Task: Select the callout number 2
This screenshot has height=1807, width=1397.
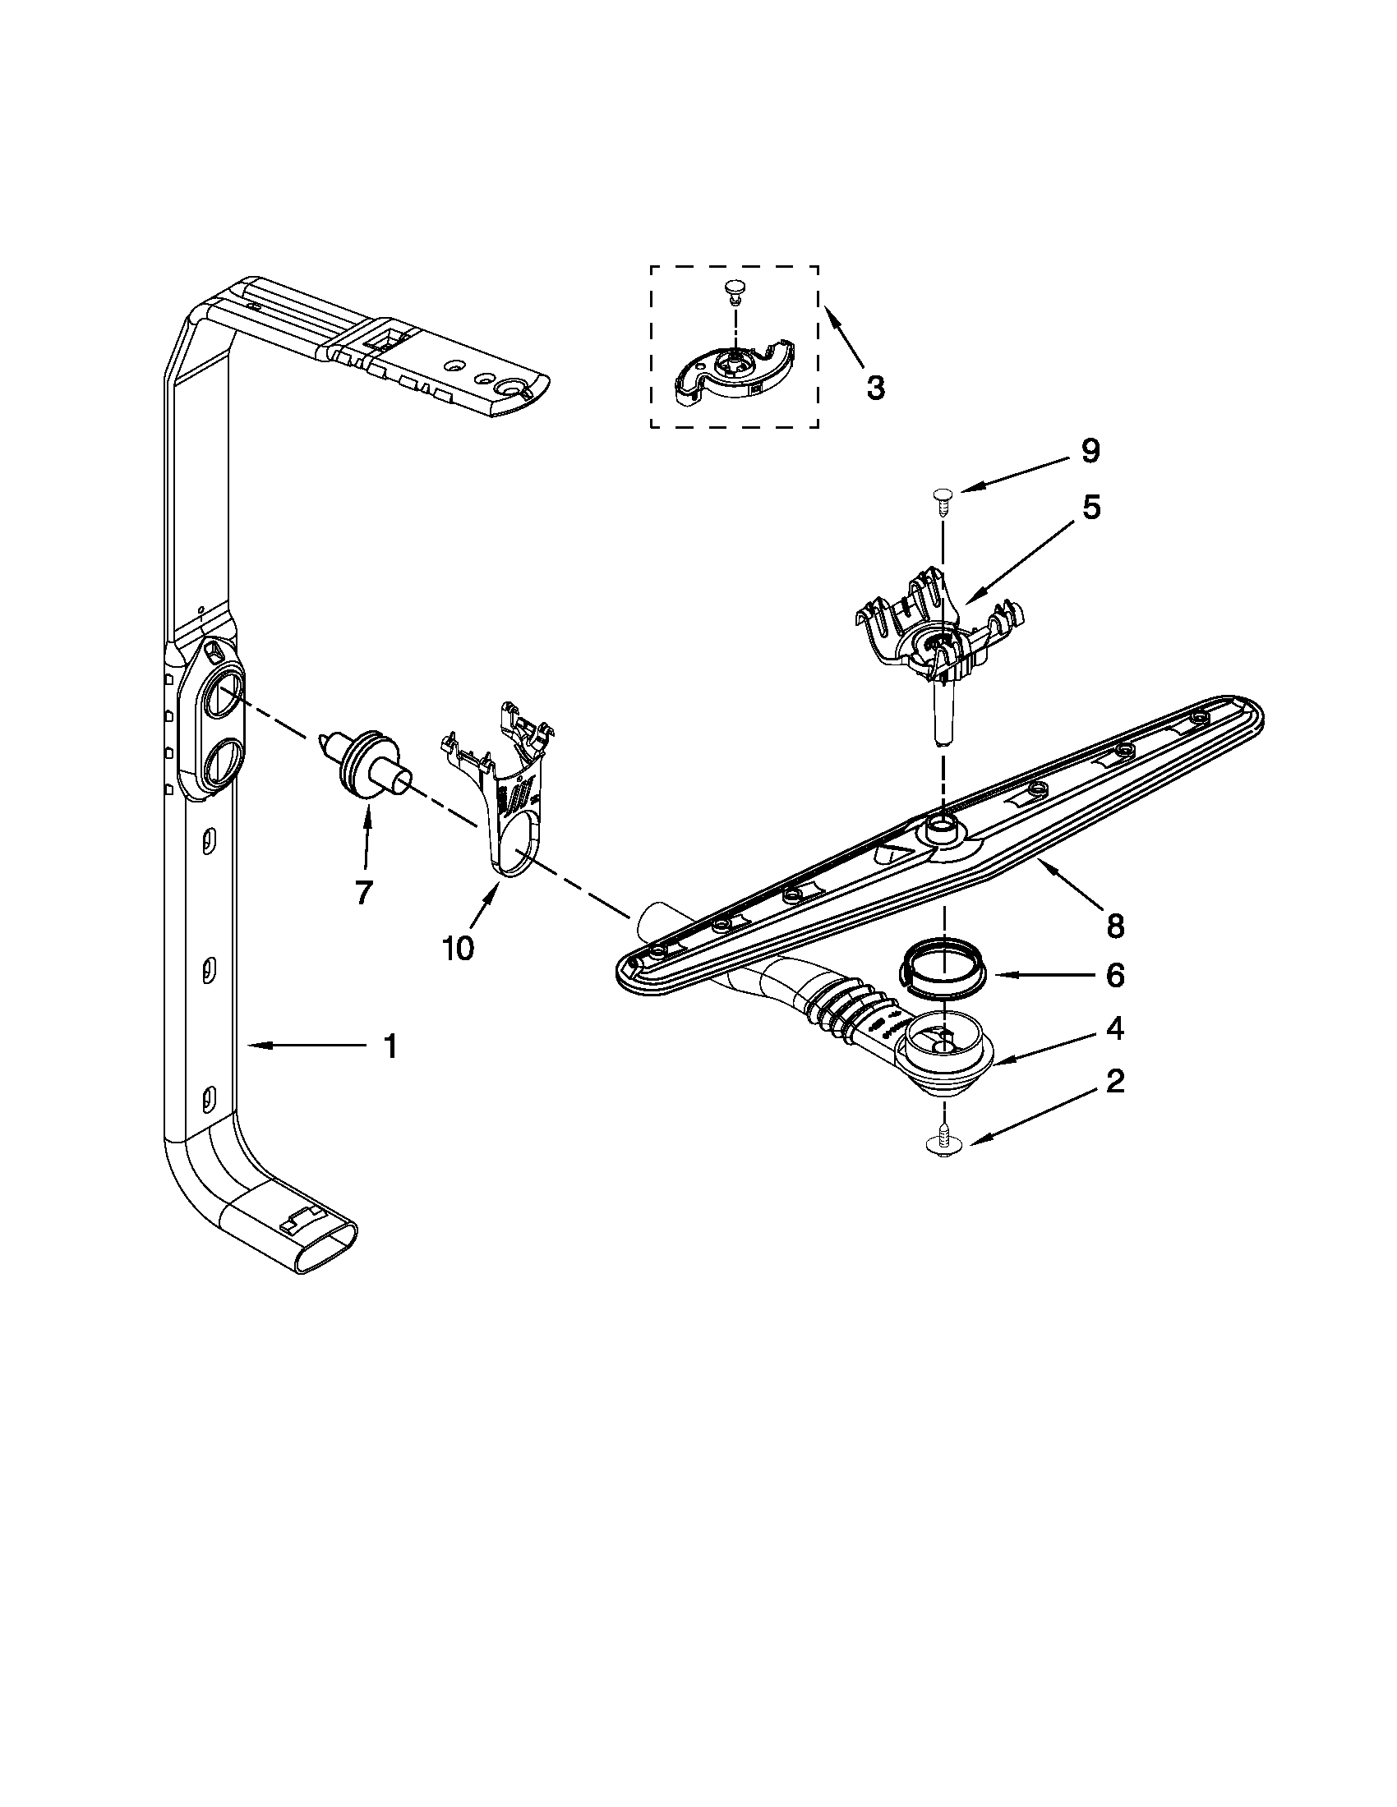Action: pos(1115,1081)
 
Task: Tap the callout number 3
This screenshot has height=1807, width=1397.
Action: pos(875,387)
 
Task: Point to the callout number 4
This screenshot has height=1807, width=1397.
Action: pos(1115,1028)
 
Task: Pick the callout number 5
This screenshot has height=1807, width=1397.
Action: pos(1090,507)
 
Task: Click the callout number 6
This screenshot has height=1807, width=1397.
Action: pos(1115,976)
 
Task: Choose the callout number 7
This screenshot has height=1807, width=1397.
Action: pos(364,892)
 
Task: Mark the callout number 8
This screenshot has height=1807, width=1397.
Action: pos(1115,926)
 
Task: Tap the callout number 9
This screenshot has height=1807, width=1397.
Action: pos(1090,450)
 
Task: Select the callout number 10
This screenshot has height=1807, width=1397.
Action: pos(458,948)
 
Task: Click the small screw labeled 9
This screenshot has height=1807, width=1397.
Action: pos(941,496)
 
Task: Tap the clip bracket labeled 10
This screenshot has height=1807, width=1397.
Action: pos(509,786)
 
